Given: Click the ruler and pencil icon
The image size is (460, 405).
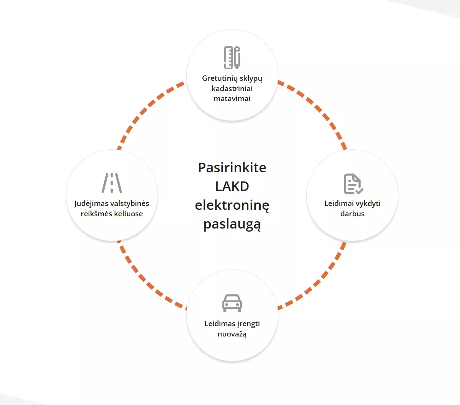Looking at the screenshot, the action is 232,57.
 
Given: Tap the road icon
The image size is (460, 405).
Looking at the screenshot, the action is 112,183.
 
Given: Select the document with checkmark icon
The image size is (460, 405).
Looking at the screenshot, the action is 353,184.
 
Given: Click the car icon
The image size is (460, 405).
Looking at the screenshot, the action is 232,303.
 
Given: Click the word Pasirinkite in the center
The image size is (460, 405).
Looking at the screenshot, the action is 232,168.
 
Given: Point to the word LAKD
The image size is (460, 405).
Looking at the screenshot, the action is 232,186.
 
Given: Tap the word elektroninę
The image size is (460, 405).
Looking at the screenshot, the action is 232,205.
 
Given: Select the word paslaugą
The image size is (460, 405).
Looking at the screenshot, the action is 232,224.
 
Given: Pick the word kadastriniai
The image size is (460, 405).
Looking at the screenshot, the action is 232,88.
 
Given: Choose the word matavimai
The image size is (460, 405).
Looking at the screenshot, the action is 232,99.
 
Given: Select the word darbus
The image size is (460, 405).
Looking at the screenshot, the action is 352,214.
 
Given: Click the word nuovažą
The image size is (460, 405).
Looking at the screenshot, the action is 232,334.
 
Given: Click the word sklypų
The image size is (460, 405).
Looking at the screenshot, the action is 251,78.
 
